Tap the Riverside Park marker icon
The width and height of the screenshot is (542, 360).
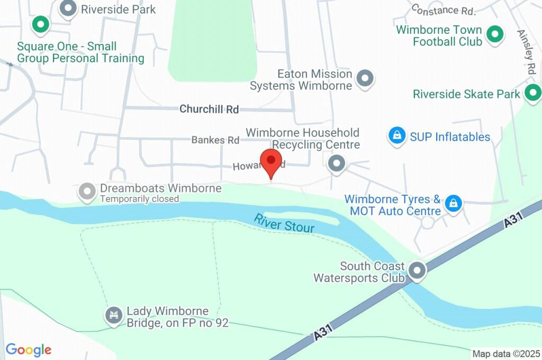pos(67,8)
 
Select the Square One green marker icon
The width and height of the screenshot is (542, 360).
pos(40,24)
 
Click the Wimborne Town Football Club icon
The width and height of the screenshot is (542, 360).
pos(494,35)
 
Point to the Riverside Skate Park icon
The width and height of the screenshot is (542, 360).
pos(532,94)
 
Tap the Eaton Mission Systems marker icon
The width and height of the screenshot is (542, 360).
pos(364,79)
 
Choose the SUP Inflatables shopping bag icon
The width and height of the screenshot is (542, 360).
pos(396,136)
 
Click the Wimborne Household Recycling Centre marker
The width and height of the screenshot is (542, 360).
pos(336,164)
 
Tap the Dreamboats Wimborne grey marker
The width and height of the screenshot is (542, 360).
pos(86,192)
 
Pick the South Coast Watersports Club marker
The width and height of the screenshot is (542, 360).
pos(418,271)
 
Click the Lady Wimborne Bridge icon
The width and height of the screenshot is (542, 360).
pos(113,316)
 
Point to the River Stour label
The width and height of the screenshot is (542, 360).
pos(284,223)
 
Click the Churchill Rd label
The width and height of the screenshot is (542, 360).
pos(209,109)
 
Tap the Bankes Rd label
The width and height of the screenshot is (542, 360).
pos(215,140)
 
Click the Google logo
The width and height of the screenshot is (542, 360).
pos(29,349)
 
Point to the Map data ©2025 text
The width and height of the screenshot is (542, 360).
pos(506,354)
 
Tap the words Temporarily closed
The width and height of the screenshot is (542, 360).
pos(140,199)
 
